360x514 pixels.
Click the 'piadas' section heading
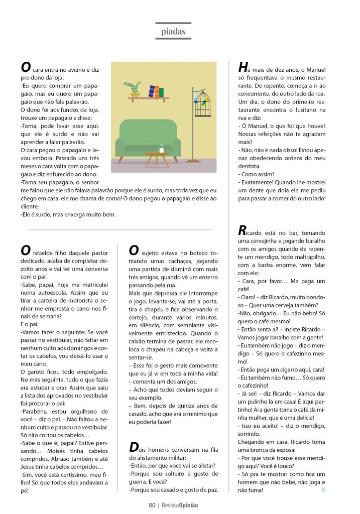pos(173,32)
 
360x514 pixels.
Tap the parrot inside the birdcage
pos(203,103)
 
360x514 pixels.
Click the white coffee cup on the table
pos(161,149)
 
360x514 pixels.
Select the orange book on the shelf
pos(156,92)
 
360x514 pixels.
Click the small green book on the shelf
pos(161,93)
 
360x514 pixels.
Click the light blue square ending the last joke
pos(323,489)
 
